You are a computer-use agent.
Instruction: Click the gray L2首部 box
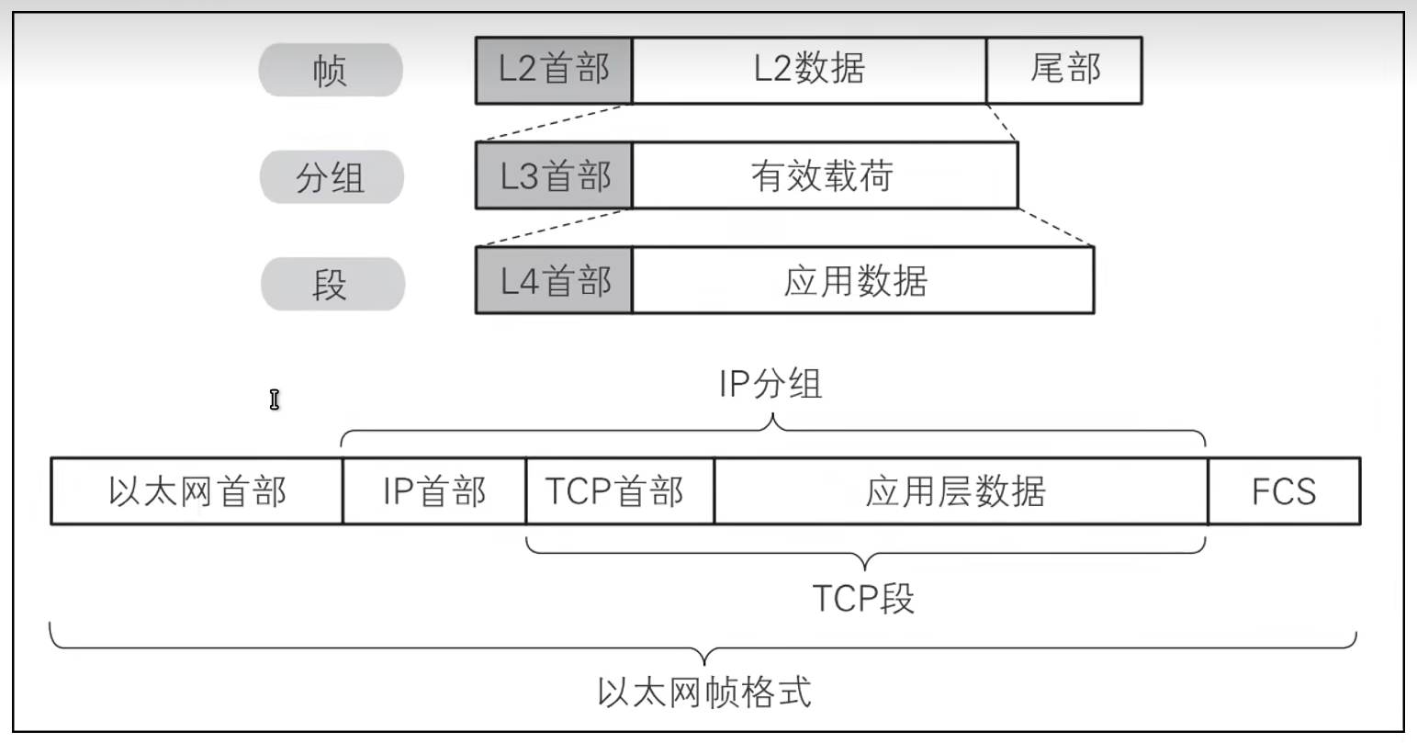point(554,70)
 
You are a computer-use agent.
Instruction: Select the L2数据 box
point(809,70)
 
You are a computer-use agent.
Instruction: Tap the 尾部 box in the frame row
point(1064,70)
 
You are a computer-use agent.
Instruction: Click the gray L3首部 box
point(554,175)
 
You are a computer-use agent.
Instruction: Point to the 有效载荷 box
point(824,175)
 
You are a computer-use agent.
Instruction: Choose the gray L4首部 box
point(554,280)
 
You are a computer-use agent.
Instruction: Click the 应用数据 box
point(862,280)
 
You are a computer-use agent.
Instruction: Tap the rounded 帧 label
point(331,71)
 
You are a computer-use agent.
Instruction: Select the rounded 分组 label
point(331,176)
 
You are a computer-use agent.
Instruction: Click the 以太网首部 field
point(197,491)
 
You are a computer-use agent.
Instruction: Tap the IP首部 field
point(433,491)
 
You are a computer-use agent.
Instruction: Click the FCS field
point(1283,491)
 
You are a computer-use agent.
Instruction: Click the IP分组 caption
point(770,384)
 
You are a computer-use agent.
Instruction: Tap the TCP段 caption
point(863,599)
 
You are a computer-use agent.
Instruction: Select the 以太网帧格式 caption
point(704,691)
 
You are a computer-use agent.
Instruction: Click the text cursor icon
point(274,400)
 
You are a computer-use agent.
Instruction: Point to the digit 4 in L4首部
point(527,281)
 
